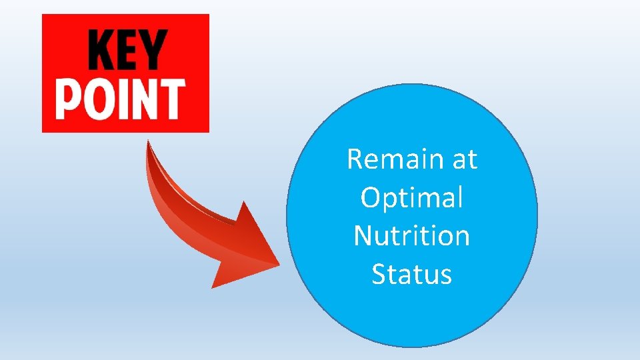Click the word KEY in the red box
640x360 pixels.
click(x=127, y=51)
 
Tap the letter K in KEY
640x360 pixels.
click(x=100, y=51)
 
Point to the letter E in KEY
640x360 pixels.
click(x=127, y=51)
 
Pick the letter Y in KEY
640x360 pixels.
click(x=153, y=51)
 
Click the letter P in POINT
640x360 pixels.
click(x=69, y=99)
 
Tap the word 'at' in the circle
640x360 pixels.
click(x=464, y=160)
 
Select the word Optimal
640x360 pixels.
click(x=411, y=198)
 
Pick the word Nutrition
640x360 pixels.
click(x=411, y=236)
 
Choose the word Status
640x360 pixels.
click(x=411, y=274)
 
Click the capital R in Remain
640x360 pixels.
click(x=355, y=159)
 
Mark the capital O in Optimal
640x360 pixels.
click(x=370, y=198)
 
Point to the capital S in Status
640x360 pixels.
click(x=379, y=274)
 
